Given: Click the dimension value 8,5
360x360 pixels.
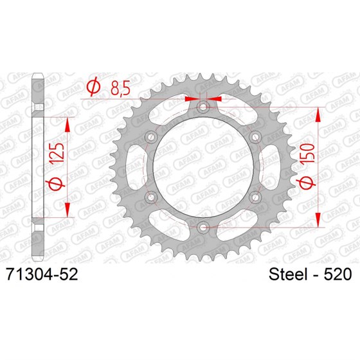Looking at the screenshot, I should tap(119, 87).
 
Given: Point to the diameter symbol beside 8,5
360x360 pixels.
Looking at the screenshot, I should tap(93, 88).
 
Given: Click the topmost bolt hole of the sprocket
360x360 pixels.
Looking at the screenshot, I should tap(203, 107).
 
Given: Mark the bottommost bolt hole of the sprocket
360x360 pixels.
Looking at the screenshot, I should tap(203, 227).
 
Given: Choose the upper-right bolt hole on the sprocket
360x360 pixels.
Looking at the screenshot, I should tap(255, 137).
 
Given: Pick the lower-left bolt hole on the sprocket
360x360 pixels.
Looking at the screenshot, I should tap(151, 197).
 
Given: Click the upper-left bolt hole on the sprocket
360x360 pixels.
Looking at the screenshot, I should tap(151, 137).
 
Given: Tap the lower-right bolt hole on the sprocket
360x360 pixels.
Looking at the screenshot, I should tap(255, 197).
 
